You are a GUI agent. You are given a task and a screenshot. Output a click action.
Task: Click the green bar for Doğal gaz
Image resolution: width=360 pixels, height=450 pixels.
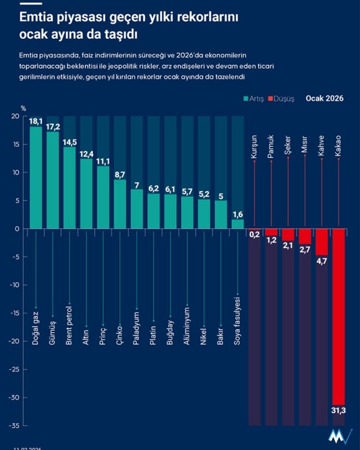click(x=36, y=180)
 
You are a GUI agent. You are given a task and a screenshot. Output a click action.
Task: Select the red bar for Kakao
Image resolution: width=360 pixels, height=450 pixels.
click(x=339, y=315)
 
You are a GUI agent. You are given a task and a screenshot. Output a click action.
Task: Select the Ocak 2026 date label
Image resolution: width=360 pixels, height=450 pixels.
click(x=325, y=98)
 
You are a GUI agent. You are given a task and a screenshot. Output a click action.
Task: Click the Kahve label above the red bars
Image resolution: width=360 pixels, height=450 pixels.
click(x=321, y=145)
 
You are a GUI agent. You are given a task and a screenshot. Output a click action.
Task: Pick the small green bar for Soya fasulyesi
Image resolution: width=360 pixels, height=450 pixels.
click(x=238, y=224)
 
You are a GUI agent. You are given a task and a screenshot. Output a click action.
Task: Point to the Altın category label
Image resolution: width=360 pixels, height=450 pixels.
click(x=86, y=336)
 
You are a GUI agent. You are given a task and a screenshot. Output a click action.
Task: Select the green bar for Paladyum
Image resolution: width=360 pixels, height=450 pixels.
click(x=137, y=209)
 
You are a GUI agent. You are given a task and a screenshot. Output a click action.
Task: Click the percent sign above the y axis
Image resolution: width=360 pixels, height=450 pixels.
click(x=23, y=108)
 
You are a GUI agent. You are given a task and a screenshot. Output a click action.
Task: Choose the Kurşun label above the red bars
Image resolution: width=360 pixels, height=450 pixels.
click(x=254, y=145)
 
